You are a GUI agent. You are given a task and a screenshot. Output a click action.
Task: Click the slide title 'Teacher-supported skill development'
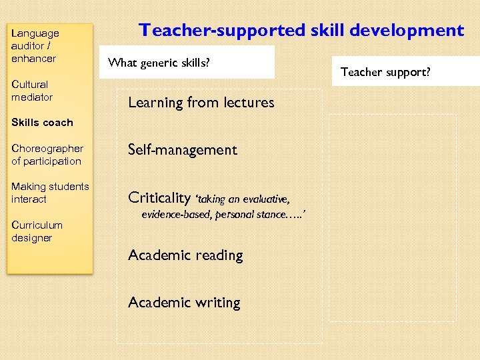pos(301,31)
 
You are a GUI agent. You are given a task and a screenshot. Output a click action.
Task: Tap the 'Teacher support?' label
pos(386,72)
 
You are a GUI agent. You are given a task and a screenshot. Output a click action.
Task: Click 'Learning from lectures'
pos(201,103)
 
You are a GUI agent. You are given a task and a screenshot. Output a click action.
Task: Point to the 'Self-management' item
pos(182,150)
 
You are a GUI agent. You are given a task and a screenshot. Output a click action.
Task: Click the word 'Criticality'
pos(159,197)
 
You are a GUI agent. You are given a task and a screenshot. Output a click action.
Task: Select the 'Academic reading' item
pos(185,255)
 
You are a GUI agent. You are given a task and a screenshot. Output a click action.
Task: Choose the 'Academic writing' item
pos(184,303)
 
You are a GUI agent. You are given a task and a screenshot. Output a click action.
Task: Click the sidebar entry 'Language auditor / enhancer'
pos(35,45)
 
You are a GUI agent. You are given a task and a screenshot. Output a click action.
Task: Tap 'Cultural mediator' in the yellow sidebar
pos(31,91)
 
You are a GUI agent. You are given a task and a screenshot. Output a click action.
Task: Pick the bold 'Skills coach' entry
pos(42,123)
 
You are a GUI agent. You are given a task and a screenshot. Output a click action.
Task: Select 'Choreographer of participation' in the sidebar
pos(47,155)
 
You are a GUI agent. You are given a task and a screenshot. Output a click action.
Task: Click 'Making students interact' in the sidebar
pos(49,193)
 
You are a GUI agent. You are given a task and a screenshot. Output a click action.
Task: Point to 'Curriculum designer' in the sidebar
pos(37,231)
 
